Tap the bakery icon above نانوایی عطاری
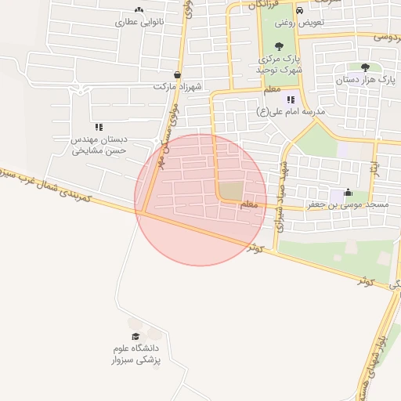tap(139, 10)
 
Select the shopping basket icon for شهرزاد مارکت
tap(178, 75)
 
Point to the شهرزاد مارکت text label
tap(178, 86)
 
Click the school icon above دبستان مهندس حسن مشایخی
tap(99, 126)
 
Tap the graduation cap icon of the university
tap(135, 336)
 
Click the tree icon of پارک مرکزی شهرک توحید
tap(280, 46)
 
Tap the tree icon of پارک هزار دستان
tap(365, 67)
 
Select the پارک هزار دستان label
tap(364, 80)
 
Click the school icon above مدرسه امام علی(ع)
tap(291, 99)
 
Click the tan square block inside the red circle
tap(230, 190)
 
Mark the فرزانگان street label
tap(263, 5)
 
